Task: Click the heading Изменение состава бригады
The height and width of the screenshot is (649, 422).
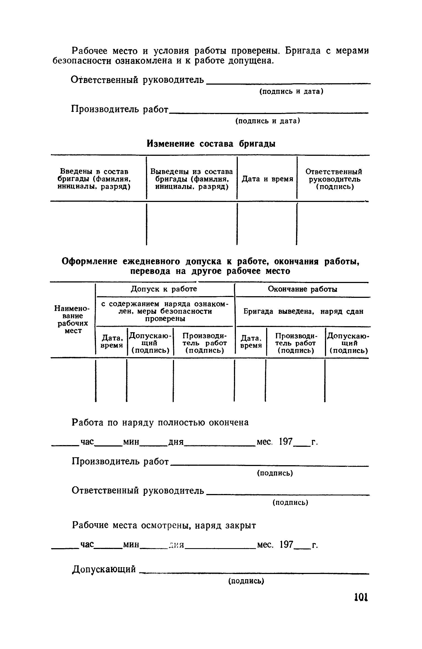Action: [211, 143]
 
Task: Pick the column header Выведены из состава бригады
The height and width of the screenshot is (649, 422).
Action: [192, 179]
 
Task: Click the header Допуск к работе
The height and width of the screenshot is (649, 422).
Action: [164, 289]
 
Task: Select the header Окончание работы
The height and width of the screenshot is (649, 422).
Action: [302, 289]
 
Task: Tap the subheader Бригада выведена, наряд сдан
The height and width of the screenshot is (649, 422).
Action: [304, 311]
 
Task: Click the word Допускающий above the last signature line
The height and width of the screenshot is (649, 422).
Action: [104, 569]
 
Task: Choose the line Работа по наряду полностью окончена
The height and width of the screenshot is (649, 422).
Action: [160, 423]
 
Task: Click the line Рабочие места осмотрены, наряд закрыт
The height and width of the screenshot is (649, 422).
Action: [164, 525]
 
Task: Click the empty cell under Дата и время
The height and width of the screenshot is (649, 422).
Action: [267, 223]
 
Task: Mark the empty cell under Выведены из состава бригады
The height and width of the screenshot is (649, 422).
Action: [192, 223]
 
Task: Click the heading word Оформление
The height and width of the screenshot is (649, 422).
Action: [90, 261]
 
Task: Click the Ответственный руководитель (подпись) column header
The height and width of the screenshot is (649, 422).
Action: [334, 179]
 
